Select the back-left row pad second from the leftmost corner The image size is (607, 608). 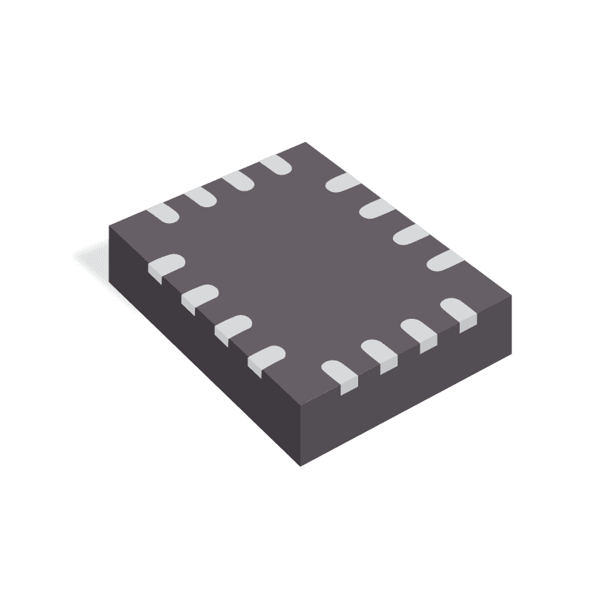click(x=200, y=196)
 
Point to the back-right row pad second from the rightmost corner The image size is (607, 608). click(x=410, y=233)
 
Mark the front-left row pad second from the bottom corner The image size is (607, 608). click(x=231, y=327)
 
